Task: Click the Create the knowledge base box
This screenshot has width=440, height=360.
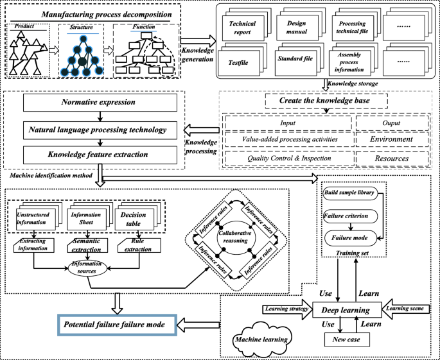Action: pyautogui.click(x=326, y=101)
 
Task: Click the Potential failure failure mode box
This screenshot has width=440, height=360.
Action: pyautogui.click(x=114, y=325)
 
